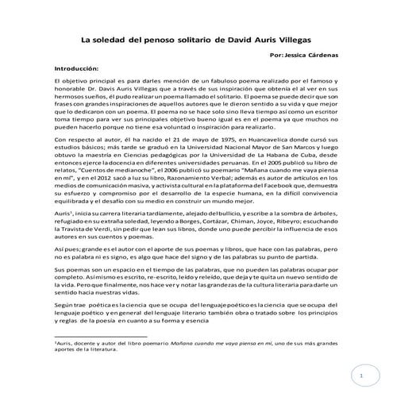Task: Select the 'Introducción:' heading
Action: (x=72, y=68)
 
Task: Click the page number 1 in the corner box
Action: (x=360, y=372)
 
